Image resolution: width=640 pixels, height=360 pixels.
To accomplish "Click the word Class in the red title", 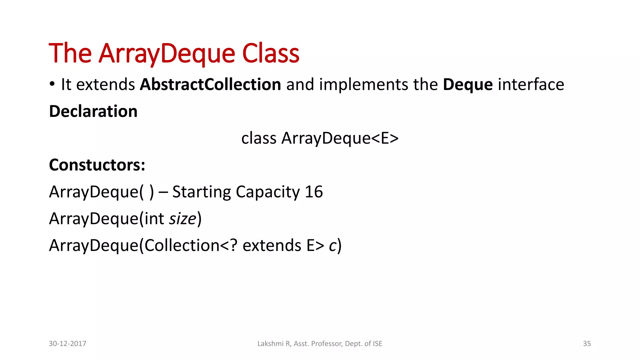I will (x=271, y=53).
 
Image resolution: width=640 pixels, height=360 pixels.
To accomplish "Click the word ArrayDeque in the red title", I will (x=167, y=54).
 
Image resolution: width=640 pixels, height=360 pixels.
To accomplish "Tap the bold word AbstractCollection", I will (x=210, y=84).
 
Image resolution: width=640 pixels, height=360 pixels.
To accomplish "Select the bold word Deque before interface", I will (x=467, y=85).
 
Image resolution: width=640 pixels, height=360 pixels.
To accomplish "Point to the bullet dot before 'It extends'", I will (x=52, y=84).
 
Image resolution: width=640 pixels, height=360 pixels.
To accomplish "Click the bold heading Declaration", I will (x=93, y=111).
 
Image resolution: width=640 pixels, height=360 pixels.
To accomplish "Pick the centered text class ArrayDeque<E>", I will (x=320, y=138).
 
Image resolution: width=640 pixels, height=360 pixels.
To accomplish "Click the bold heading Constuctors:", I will (x=97, y=165).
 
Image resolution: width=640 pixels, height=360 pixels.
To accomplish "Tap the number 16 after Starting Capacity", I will (x=313, y=192).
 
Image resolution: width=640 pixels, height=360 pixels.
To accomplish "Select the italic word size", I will (x=183, y=218).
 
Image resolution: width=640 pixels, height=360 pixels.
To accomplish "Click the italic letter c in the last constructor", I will (x=332, y=246).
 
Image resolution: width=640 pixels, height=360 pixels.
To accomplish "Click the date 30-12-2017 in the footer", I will (x=67, y=343).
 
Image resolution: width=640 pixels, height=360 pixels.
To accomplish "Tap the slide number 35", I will (x=587, y=343).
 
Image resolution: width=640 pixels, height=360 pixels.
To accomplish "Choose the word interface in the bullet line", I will (x=531, y=84).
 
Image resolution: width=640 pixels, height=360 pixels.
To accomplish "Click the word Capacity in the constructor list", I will (x=268, y=192).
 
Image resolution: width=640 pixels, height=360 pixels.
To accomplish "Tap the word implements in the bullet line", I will (x=363, y=85).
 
